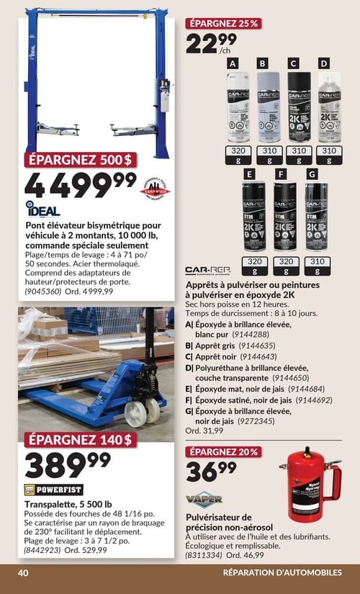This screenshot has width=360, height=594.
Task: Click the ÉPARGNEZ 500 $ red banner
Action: [x=80, y=161]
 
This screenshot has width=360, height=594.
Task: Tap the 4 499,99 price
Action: [x=79, y=185]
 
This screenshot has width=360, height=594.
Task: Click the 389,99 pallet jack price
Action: [x=68, y=464]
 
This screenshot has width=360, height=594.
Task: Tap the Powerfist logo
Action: [x=54, y=490]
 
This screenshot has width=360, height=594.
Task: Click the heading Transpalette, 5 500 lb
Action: [x=68, y=503]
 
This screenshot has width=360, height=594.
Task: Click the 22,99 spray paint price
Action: [x=210, y=43]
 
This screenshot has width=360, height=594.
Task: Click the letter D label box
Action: [x=323, y=63]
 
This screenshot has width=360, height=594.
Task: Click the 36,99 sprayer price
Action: [x=210, y=472]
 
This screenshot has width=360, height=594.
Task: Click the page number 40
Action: [x=23, y=572]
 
